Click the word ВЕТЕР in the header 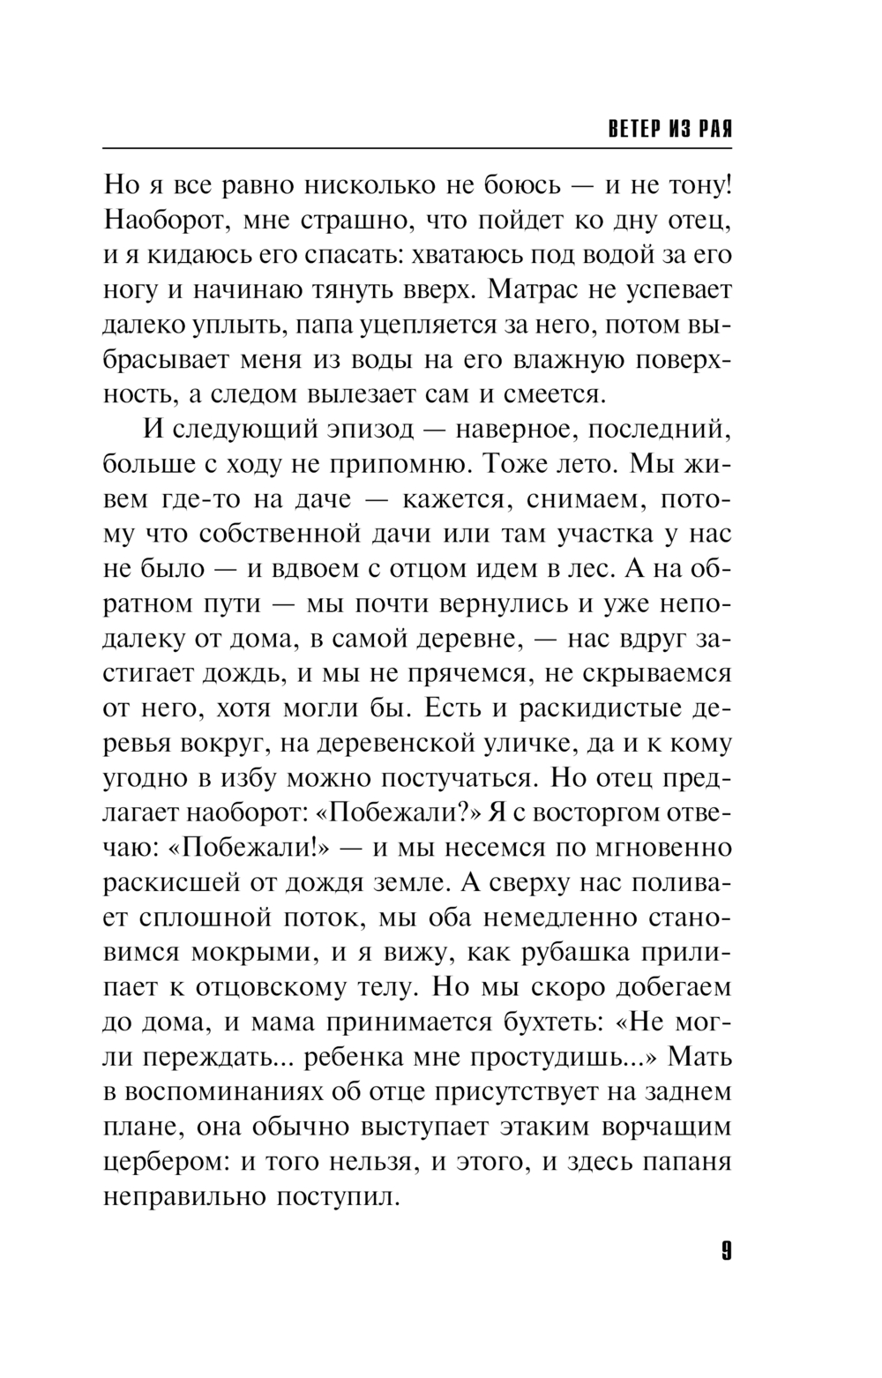tap(634, 130)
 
